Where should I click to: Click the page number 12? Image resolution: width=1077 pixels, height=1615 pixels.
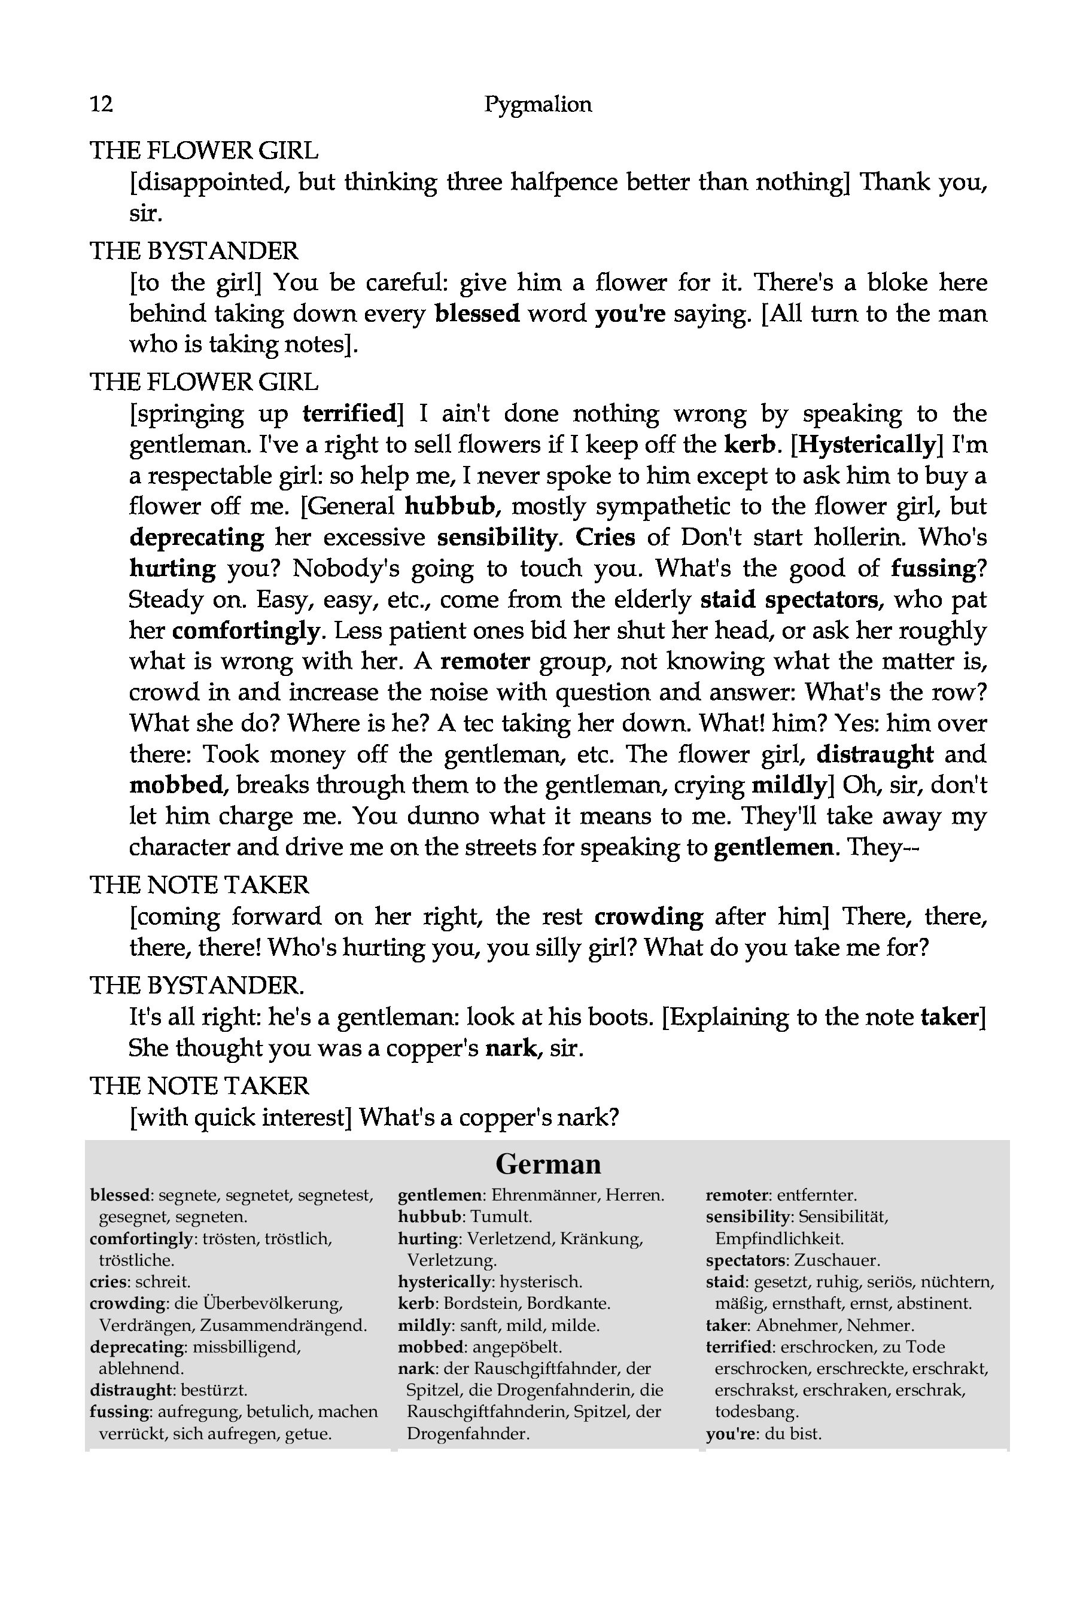tap(101, 103)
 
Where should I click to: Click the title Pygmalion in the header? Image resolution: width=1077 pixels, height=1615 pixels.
tap(538, 103)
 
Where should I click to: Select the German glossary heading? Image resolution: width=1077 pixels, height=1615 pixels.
tap(547, 1164)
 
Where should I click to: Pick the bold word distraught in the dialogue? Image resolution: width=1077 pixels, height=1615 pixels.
tap(874, 753)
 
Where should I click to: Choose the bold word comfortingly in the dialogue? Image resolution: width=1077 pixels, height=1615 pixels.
tap(245, 630)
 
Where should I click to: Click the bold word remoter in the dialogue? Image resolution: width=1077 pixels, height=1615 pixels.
tap(485, 660)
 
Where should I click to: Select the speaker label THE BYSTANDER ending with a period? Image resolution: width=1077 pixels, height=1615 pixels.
tap(197, 985)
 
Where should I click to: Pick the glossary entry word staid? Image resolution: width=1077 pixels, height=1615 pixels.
tap(725, 1281)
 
